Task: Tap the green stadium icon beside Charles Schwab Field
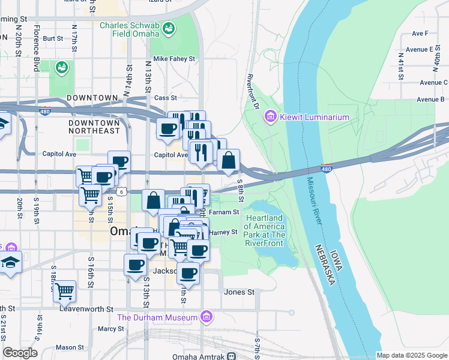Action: [x=169, y=28]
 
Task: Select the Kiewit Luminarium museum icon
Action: [x=270, y=116]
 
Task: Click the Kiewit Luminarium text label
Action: [x=314, y=117]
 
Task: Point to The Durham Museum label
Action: [x=157, y=317]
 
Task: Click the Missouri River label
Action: [x=315, y=202]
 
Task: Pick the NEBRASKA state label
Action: [x=322, y=268]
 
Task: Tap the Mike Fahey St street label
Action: [x=175, y=59]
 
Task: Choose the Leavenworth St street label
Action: [x=86, y=308]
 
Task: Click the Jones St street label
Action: [x=239, y=292]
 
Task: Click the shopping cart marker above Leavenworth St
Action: [x=64, y=291]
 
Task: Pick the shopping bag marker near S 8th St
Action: [x=229, y=160]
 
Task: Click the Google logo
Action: [x=20, y=353]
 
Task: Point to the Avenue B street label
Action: [x=431, y=99]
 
